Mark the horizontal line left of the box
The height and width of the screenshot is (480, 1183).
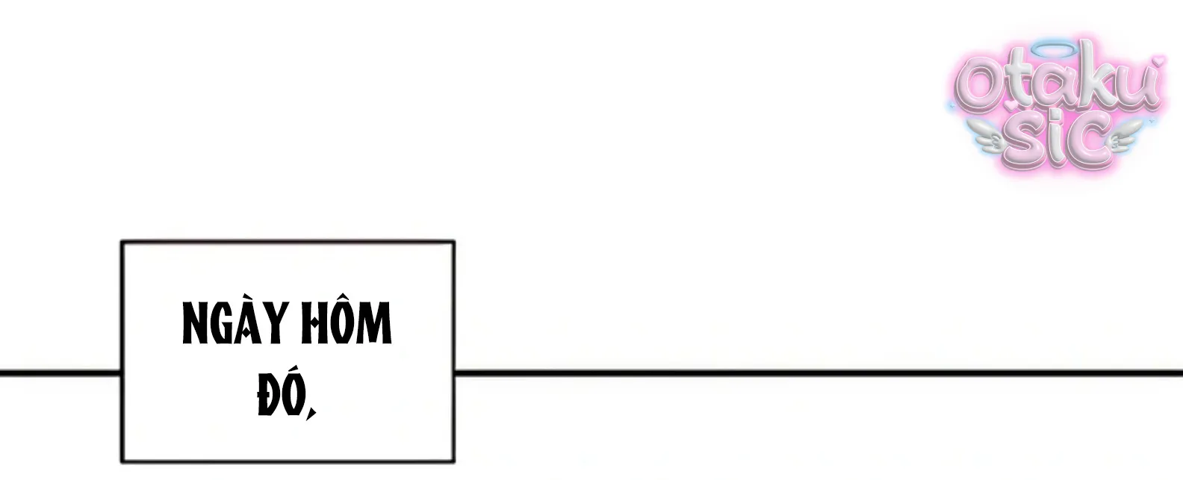click(x=60, y=373)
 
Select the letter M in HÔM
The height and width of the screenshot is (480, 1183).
click(x=373, y=322)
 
